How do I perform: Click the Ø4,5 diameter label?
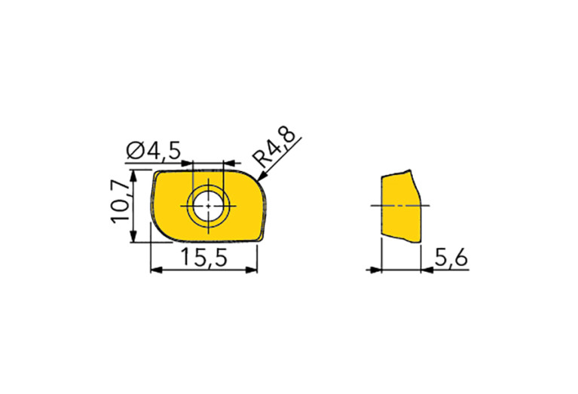coord(153,151)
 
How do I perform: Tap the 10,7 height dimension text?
coord(120,202)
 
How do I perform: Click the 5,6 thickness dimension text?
coord(451,257)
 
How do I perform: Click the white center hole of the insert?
coord(208,206)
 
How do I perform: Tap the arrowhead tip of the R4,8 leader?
coord(258,181)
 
